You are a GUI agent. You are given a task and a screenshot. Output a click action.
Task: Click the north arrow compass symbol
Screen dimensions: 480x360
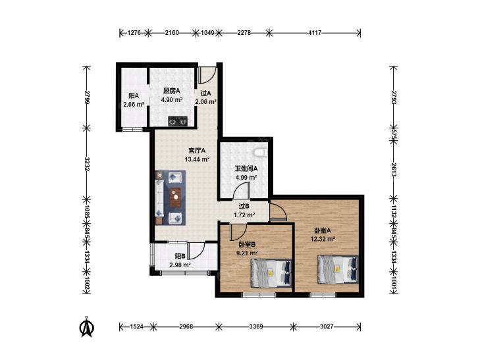(87, 326)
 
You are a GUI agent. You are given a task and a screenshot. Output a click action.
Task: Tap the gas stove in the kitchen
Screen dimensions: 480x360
(178, 121)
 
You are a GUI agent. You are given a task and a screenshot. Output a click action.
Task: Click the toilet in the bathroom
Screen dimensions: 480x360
(261, 151)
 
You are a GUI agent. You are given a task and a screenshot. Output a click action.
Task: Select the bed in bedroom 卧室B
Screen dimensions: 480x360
(271, 273)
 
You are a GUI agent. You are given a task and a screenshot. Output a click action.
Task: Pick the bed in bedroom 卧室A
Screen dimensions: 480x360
(338, 269)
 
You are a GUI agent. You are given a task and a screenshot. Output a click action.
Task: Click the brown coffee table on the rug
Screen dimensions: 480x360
(175, 197)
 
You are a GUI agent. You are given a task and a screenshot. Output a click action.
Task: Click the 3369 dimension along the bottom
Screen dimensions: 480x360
(256, 326)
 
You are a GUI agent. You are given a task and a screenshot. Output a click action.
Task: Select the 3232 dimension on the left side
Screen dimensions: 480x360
(87, 165)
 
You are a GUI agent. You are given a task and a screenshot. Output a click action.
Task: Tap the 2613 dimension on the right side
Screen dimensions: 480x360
(394, 170)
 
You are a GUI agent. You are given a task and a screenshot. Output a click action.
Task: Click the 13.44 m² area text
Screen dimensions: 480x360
(197, 159)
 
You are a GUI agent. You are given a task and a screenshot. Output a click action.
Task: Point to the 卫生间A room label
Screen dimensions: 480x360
(246, 168)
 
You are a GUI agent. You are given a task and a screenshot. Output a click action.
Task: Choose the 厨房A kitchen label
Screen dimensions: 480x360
(172, 91)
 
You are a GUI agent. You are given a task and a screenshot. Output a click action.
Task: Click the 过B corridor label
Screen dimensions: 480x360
(244, 207)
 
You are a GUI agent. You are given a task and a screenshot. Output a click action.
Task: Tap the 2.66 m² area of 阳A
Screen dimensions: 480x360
(134, 104)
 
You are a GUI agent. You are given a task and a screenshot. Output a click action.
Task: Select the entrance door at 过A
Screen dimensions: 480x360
(207, 75)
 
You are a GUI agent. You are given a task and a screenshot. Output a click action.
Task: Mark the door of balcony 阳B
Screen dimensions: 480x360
(196, 251)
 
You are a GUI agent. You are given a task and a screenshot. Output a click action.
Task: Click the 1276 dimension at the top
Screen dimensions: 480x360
(134, 32)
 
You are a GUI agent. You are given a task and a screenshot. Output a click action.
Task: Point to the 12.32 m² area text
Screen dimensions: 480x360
(323, 239)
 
